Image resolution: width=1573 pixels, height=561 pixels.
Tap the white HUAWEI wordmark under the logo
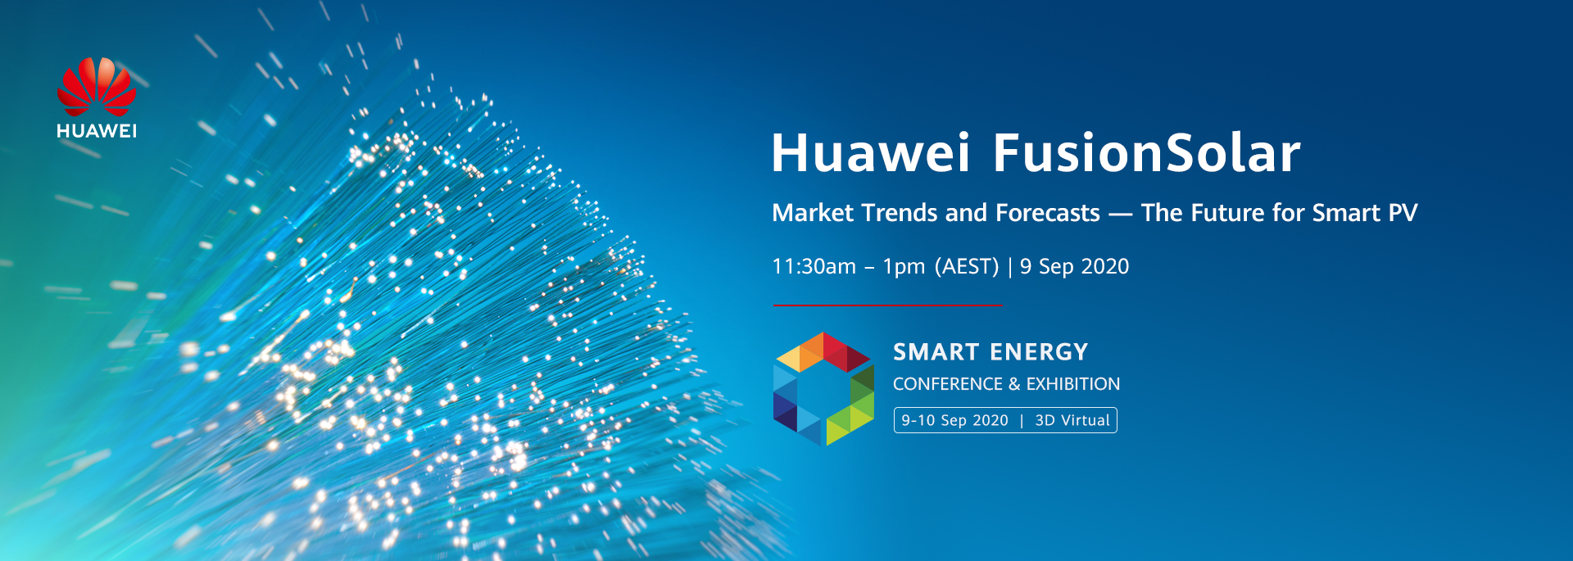coord(97,131)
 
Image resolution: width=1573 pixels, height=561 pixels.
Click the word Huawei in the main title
coord(870,153)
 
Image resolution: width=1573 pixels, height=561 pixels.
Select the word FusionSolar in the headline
coord(1146,153)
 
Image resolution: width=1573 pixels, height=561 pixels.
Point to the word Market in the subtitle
coord(813,213)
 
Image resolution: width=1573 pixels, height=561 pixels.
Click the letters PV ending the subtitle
coord(1403,213)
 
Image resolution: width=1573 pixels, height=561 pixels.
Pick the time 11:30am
coord(814,267)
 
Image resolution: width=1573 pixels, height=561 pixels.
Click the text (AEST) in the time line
coord(967,267)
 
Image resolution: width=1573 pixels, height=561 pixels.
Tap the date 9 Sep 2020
coord(1074,267)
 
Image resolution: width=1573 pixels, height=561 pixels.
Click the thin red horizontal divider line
coord(887,305)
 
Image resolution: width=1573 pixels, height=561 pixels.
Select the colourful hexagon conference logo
coord(823,388)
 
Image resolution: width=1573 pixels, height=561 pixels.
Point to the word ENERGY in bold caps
coord(1039,352)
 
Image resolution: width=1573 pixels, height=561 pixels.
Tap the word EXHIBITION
coord(1072,384)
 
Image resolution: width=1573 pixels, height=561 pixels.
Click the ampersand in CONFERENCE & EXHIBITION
coord(1013,384)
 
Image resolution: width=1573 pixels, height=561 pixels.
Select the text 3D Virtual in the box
coord(1072,420)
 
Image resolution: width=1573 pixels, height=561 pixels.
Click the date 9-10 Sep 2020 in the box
coord(954,420)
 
